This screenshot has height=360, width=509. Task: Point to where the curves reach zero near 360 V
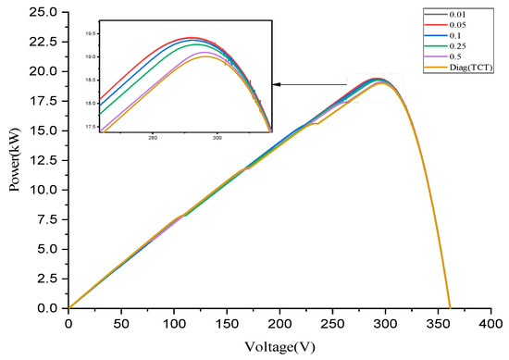450,307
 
